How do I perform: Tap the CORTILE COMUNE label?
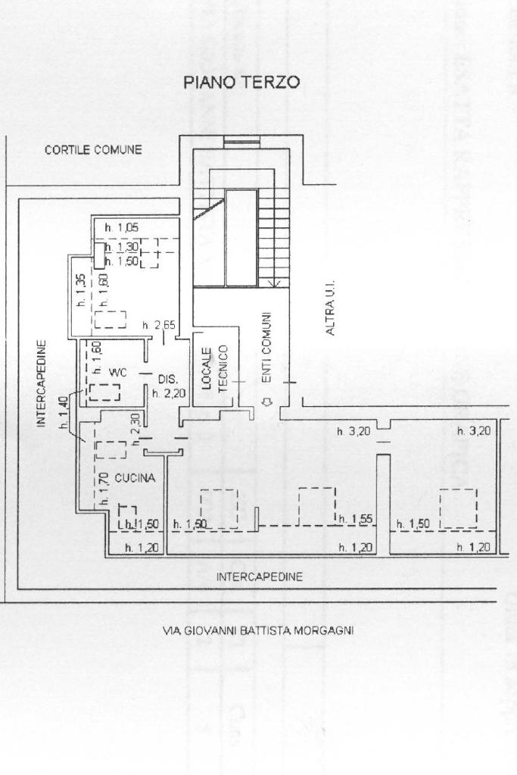[x=93, y=150]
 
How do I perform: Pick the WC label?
[x=117, y=372]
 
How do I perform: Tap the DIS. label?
[x=167, y=378]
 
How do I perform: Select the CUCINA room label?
[x=135, y=478]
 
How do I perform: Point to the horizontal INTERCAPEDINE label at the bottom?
[x=260, y=577]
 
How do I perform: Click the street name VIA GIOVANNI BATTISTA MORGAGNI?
[x=258, y=630]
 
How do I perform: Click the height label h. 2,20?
[x=167, y=392]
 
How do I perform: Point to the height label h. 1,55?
[x=355, y=519]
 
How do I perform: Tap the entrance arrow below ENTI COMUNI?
[x=265, y=402]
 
